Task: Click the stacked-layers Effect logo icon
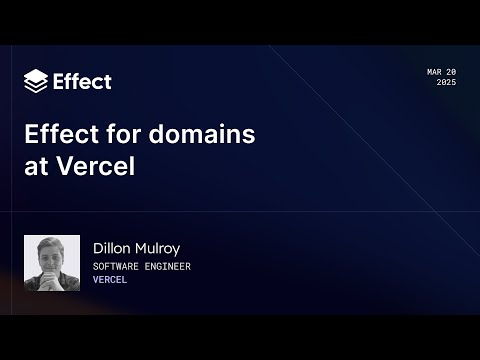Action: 35,81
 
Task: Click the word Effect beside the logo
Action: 82,81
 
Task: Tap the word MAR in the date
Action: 435,72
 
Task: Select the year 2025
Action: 446,82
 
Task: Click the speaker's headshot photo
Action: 52,263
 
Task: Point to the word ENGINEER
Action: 166,267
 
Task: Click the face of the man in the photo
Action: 52,262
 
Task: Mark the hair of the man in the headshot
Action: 52,244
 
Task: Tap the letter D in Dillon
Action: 98,248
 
